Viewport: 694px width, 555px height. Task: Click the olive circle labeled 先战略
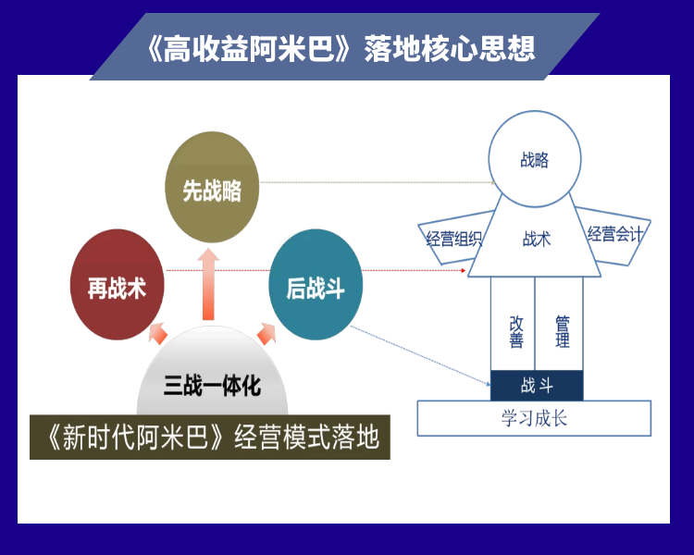[x=212, y=187]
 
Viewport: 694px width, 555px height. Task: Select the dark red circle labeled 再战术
[x=118, y=285]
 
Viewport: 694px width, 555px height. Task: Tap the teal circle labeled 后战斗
[x=316, y=285]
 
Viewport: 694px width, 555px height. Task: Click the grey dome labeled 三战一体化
[x=213, y=372]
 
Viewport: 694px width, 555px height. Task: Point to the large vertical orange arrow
[x=208, y=284]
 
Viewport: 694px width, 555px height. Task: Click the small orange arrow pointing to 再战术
[x=158, y=333]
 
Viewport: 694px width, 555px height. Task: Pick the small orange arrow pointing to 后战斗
[x=266, y=333]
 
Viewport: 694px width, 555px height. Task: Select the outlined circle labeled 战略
[x=535, y=159]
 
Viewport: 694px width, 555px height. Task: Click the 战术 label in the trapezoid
[x=537, y=239]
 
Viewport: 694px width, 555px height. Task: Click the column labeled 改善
[x=513, y=324]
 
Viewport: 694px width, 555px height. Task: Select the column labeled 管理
[x=559, y=324]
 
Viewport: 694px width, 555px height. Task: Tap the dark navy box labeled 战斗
[x=537, y=386]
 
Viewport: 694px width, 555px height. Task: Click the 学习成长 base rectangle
[x=534, y=418]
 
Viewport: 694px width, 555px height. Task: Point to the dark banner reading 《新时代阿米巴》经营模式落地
[x=210, y=437]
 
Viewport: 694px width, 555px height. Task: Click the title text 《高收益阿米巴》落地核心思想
[x=341, y=48]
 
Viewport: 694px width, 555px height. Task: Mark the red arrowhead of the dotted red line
[x=463, y=270]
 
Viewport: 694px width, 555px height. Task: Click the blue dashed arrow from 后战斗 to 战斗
[x=420, y=356]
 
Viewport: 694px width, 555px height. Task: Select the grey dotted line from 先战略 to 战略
[x=378, y=182]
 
